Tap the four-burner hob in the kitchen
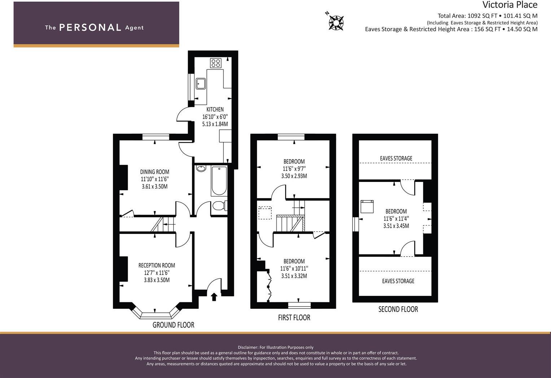216,63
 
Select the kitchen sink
201,84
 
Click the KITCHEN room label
215,110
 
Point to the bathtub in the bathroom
219,181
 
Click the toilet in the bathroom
219,206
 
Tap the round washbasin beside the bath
201,168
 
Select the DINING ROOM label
155,172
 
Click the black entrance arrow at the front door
214,297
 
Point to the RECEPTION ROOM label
157,265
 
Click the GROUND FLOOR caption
173,325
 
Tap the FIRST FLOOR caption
294,317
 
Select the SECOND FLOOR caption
398,309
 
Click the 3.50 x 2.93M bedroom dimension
294,176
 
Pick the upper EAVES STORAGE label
396,158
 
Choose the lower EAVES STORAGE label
398,281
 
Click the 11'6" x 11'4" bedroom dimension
396,219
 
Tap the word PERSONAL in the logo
90,28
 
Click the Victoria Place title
510,5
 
